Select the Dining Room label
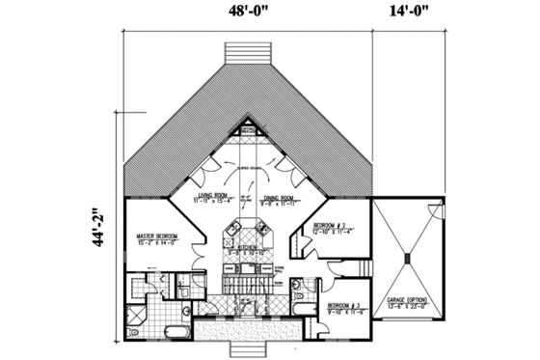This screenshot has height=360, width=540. coord(282,197)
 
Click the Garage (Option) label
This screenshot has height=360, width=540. coord(406,300)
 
